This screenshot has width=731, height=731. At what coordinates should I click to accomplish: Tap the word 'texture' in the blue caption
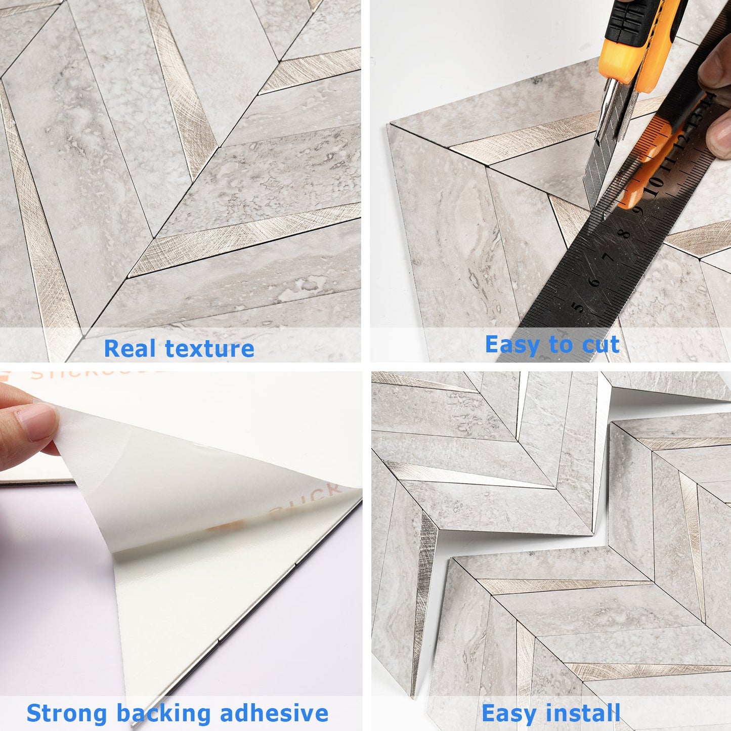209,349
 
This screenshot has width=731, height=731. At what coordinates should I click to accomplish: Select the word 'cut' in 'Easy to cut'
600,345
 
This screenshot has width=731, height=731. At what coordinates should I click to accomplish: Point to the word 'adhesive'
274,713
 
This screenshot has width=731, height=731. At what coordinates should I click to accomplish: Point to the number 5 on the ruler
577,307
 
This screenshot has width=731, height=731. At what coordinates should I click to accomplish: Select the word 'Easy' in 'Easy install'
508,713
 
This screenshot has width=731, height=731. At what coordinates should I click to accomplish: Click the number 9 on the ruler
639,210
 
